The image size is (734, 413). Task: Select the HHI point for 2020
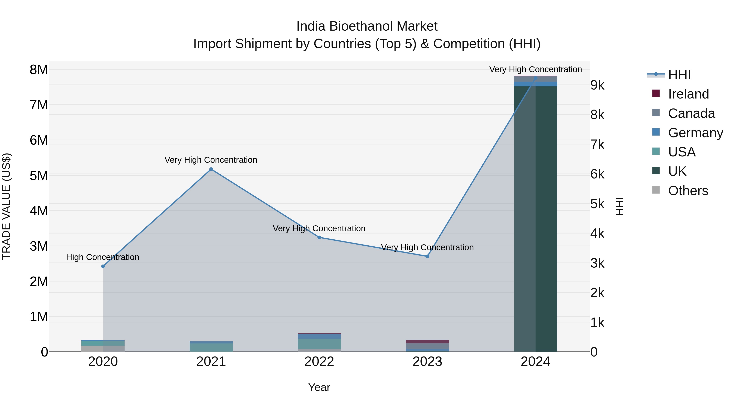coord(103,266)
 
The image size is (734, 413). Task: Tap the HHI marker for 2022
coord(319,237)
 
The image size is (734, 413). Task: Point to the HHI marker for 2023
coord(427,256)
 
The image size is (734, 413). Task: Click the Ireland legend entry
coord(688,94)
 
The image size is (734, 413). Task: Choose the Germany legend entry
coord(695,133)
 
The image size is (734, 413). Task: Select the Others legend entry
coord(688,191)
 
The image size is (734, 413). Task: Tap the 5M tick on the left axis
coord(39,176)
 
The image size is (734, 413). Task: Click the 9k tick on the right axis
coord(597,85)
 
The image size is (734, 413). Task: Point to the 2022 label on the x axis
coord(319,362)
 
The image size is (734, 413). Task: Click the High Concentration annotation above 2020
coord(103,257)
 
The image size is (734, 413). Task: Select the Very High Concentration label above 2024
coord(535,69)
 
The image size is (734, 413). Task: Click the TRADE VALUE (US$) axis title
coord(6,206)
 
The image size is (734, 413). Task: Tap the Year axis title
coord(319,387)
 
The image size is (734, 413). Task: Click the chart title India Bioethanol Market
coord(367,26)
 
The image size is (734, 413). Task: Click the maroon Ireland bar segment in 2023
coord(427,341)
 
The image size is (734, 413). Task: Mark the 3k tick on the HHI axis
coord(597,263)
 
